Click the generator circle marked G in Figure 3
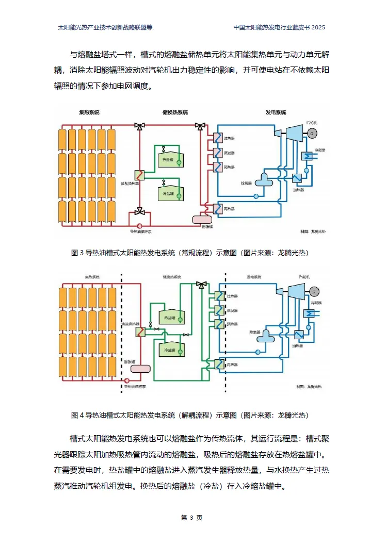pyautogui.click(x=311, y=133)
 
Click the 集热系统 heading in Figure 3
pyautogui.click(x=89, y=112)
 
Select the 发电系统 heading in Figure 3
pyautogui.click(x=276, y=112)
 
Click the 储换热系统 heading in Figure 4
pyautogui.click(x=172, y=277)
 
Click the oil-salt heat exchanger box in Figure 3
pyautogui.click(x=139, y=175)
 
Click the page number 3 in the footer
pyautogui.click(x=191, y=518)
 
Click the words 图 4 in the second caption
pyautogui.click(x=77, y=415)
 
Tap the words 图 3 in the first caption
pyautogui.click(x=77, y=253)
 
